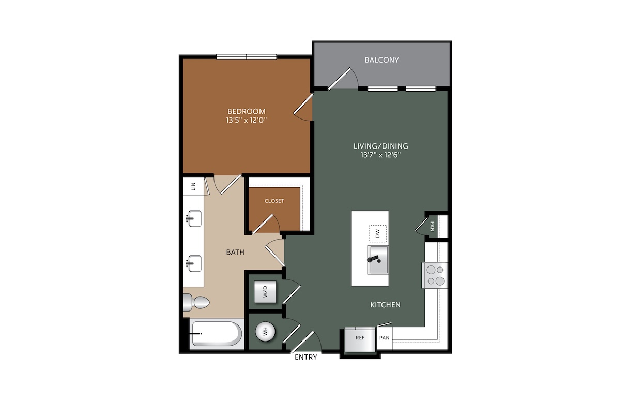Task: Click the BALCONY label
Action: click(381, 60)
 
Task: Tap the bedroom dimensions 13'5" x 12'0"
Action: click(247, 121)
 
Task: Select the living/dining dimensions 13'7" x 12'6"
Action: click(380, 155)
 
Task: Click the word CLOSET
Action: click(274, 201)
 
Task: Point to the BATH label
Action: click(235, 253)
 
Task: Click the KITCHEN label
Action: click(385, 305)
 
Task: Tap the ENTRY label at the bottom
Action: click(306, 357)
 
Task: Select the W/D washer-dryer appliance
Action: click(265, 292)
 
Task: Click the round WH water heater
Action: click(265, 332)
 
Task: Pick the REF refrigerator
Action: click(360, 339)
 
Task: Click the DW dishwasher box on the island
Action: click(378, 233)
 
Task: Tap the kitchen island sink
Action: click(378, 260)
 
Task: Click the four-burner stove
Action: click(435, 275)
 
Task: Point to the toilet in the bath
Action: click(196, 302)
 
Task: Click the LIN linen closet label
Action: click(193, 186)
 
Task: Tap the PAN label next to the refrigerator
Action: click(385, 338)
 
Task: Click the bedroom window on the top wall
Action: click(247, 57)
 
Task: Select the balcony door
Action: click(340, 79)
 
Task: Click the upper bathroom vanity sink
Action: click(194, 219)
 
